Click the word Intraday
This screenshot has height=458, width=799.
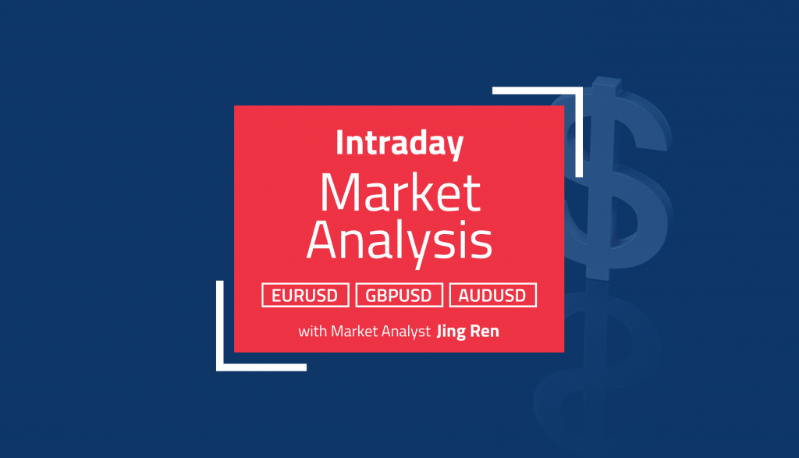click(399, 144)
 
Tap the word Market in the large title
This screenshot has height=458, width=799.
click(399, 193)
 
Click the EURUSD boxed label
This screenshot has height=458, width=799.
click(305, 295)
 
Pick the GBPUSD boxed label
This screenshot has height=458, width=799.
click(399, 295)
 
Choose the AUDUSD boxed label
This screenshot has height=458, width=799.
click(492, 295)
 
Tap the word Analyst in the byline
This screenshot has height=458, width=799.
click(409, 331)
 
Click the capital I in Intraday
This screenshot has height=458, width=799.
click(339, 144)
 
